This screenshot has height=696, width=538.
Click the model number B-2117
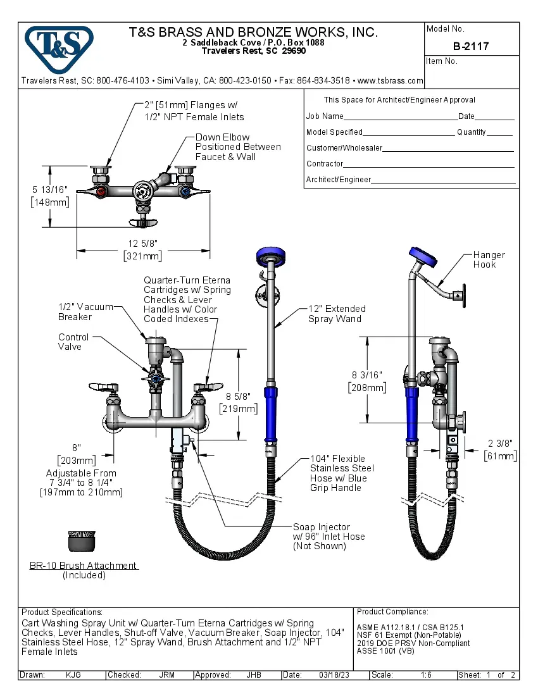click(x=471, y=46)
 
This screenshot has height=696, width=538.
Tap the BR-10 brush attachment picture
click(x=82, y=542)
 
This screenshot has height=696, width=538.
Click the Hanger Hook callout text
click(x=489, y=259)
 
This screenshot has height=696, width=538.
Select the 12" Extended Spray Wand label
click(x=337, y=313)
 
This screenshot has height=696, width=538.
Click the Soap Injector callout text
click(x=328, y=536)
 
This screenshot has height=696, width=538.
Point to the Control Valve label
click(x=73, y=342)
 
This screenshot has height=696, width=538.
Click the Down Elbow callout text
click(x=237, y=147)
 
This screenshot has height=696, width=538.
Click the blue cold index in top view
click(x=184, y=190)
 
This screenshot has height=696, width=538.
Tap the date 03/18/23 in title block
click(x=335, y=675)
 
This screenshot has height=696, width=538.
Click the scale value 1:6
click(x=426, y=675)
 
